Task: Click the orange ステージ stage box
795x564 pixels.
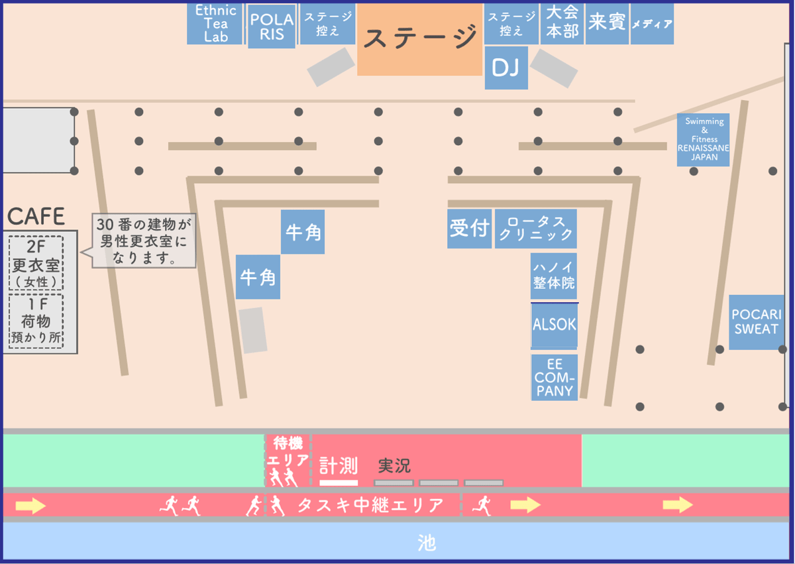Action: pyautogui.click(x=419, y=38)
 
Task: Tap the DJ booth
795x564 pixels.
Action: pyautogui.click(x=506, y=68)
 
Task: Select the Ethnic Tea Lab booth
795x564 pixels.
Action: pyautogui.click(x=215, y=23)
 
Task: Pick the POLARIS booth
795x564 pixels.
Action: pyautogui.click(x=272, y=27)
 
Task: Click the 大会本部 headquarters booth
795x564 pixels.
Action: pyautogui.click(x=562, y=23)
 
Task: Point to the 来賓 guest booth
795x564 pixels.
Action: pyautogui.click(x=607, y=23)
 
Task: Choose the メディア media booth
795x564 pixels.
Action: pyautogui.click(x=652, y=24)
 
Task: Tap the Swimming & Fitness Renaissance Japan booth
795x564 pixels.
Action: pyautogui.click(x=703, y=139)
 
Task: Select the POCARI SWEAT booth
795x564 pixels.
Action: pyautogui.click(x=756, y=322)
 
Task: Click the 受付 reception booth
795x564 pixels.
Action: pyautogui.click(x=469, y=229)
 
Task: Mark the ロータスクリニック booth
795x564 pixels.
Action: pyautogui.click(x=535, y=229)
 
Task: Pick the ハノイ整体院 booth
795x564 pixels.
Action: pyautogui.click(x=554, y=276)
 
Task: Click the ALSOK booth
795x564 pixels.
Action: pyautogui.click(x=555, y=325)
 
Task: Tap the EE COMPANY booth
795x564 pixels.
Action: pyautogui.click(x=555, y=377)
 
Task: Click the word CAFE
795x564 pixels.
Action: pyautogui.click(x=36, y=216)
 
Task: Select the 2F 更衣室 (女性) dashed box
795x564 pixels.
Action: pyautogui.click(x=36, y=263)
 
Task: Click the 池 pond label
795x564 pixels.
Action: pyautogui.click(x=427, y=543)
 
